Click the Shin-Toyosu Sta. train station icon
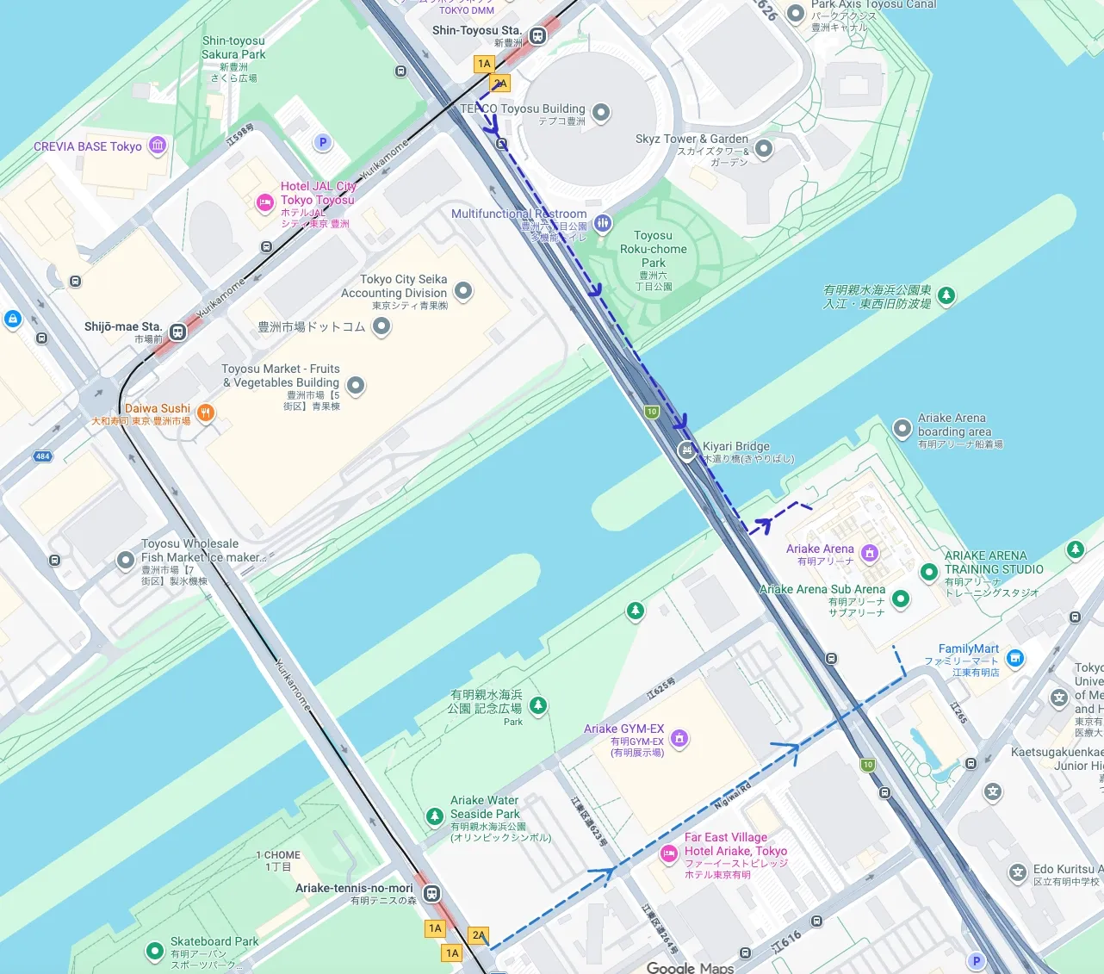point(537,36)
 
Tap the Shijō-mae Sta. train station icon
point(177,332)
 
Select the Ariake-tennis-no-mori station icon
point(431,893)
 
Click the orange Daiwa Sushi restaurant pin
point(205,413)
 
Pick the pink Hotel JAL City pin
point(266,202)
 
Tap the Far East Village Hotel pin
point(668,853)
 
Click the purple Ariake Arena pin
point(870,552)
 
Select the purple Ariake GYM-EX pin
point(679,738)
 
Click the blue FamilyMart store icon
point(1015,659)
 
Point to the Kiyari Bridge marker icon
point(686,450)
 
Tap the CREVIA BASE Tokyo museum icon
point(158,145)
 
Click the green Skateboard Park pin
point(155,951)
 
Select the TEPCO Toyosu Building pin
point(601,112)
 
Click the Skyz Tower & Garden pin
point(763,149)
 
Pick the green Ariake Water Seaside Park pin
point(435,816)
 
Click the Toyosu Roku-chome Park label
point(654,249)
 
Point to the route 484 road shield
point(42,456)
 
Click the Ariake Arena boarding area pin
point(902,428)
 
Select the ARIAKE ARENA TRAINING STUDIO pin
point(928,571)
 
